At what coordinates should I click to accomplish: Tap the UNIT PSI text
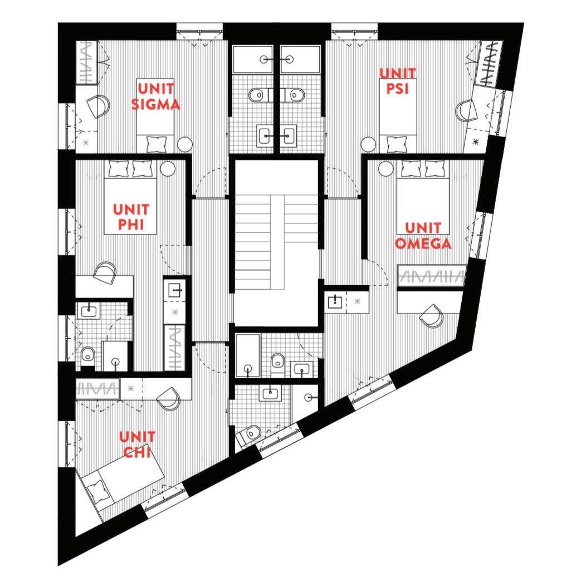pos(398,81)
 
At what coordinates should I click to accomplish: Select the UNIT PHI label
pos(131,217)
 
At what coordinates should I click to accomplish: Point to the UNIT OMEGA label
pos(423,236)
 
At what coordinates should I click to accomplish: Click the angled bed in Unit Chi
pos(120,482)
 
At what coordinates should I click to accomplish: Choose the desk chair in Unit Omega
pos(432,316)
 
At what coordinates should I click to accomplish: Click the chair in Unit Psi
pos(466,110)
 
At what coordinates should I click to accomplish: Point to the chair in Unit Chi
pos(169,398)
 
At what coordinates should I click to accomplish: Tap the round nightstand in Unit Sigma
pos(185,144)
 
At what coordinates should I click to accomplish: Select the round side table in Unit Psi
pos(368,144)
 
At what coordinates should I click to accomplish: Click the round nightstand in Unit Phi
pos(168,169)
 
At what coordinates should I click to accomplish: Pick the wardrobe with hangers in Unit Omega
pos(431,276)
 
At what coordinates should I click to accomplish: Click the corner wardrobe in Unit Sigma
pos(87,63)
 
